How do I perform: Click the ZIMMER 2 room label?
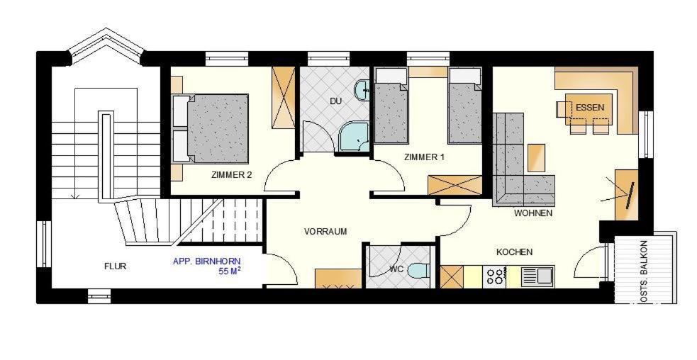click(x=231, y=175)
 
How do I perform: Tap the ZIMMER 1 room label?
click(x=424, y=157)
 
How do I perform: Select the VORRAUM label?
click(x=325, y=232)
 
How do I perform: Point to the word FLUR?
click(x=115, y=266)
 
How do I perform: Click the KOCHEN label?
click(x=514, y=252)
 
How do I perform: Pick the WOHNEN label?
click(x=533, y=213)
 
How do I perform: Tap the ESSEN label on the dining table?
click(x=590, y=108)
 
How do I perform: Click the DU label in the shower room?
click(x=335, y=101)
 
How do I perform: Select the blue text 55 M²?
click(x=229, y=271)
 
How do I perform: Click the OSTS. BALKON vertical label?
click(x=645, y=272)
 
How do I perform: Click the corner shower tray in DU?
click(x=354, y=136)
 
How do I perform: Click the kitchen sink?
click(x=538, y=276)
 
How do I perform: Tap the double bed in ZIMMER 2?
click(x=210, y=128)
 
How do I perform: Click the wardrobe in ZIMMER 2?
click(x=284, y=98)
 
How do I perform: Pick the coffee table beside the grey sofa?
click(x=536, y=158)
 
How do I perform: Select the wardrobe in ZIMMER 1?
click(x=455, y=186)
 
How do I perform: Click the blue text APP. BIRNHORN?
click(x=207, y=261)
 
